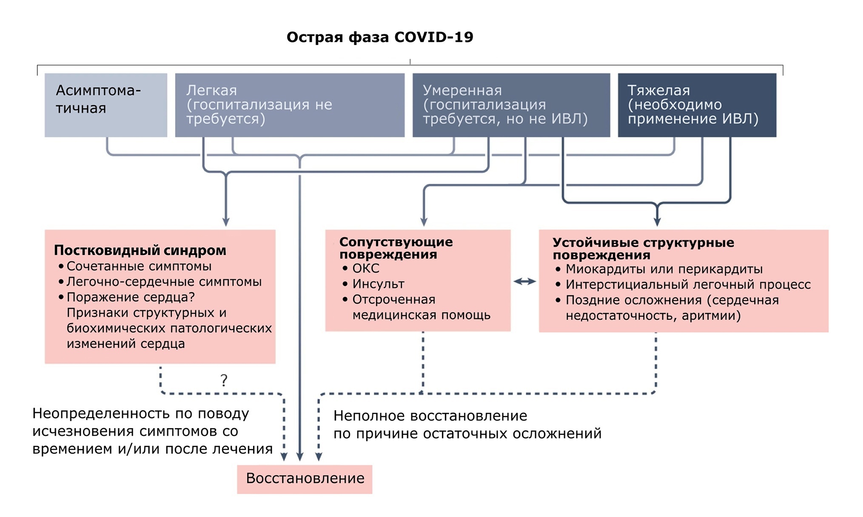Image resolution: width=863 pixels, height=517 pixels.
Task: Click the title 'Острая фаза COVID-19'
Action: click(380, 37)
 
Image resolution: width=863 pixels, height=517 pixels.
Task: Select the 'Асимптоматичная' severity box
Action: click(106, 105)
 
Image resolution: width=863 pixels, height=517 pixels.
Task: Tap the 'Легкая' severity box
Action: click(290, 105)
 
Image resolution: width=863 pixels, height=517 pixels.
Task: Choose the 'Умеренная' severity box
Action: click(511, 105)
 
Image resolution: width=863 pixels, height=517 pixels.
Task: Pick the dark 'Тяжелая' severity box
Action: click(697, 105)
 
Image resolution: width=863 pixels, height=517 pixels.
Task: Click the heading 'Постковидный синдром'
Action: click(140, 250)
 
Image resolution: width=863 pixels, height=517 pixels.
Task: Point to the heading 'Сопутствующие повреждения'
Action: click(396, 248)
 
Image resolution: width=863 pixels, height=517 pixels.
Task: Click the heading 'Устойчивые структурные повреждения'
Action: click(643, 249)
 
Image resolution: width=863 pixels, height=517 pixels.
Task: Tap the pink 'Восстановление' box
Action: click(305, 479)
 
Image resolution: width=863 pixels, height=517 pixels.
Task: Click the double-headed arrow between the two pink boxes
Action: click(525, 281)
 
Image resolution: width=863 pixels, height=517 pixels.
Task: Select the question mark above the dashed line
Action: click(224, 380)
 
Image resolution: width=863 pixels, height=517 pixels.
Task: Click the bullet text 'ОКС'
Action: click(366, 268)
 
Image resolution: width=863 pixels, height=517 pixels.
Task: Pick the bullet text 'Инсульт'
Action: click(379, 284)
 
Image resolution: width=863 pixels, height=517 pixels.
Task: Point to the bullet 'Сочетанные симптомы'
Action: click(139, 266)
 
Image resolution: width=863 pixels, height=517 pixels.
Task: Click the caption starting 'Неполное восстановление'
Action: click(467, 424)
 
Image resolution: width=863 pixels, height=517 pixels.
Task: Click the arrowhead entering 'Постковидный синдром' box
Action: click(226, 222)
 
